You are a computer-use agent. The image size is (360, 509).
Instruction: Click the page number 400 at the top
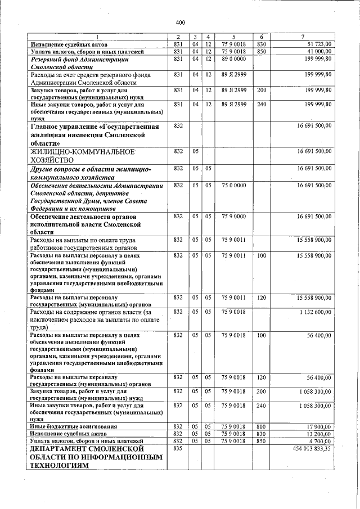(180, 22)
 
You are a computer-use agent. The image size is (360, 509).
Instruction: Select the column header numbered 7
(303, 37)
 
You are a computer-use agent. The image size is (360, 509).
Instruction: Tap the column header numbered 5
(233, 37)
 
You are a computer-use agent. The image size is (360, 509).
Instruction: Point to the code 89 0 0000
(233, 58)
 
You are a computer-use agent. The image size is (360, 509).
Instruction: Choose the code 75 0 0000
(233, 185)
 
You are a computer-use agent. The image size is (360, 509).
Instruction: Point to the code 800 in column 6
(261, 427)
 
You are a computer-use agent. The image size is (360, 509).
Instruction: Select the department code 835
(178, 449)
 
